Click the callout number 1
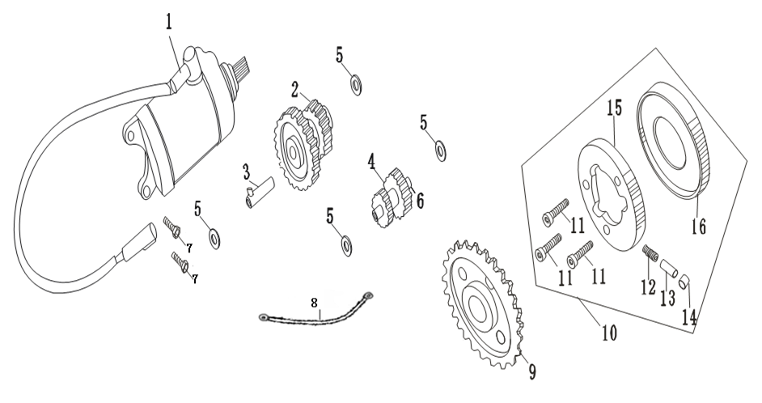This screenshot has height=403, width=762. click(x=168, y=23)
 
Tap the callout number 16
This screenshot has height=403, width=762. click(x=699, y=226)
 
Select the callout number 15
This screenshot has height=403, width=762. click(x=614, y=108)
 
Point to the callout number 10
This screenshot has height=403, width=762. click(x=609, y=333)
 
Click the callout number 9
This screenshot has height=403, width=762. click(x=532, y=372)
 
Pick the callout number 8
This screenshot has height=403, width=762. click(x=315, y=303)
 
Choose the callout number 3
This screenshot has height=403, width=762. click(x=247, y=172)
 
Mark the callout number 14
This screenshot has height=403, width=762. click(x=689, y=317)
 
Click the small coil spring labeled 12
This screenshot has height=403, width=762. click(x=648, y=252)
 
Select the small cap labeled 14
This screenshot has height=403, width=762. click(x=684, y=281)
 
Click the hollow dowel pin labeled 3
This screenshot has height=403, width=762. click(x=260, y=193)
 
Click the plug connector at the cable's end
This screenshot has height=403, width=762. click(x=140, y=242)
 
